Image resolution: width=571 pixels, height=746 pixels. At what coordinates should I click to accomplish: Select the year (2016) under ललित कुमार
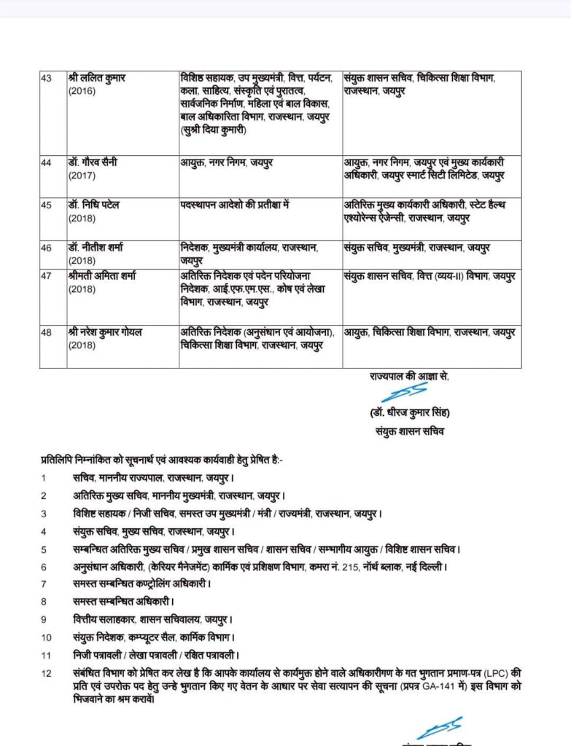point(82,91)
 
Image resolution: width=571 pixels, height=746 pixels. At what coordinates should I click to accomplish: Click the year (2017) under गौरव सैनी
point(82,176)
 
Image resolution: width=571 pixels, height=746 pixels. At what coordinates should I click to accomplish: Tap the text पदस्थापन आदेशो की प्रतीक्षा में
point(236,205)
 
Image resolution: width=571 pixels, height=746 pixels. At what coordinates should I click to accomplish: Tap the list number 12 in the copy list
point(46,673)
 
